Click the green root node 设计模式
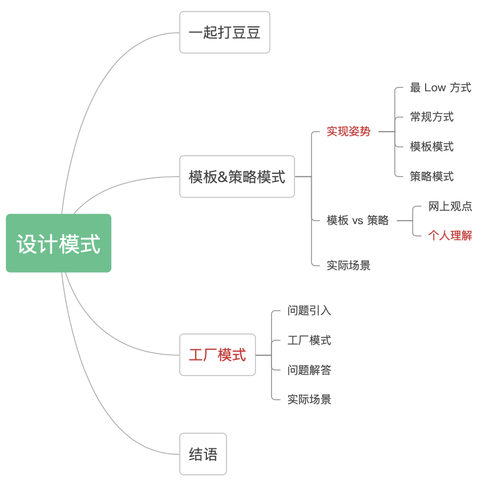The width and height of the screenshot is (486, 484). (x=59, y=243)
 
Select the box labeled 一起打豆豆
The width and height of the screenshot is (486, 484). (x=225, y=32)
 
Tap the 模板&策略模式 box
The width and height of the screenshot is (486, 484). (x=237, y=177)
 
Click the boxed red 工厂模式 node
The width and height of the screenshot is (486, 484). (x=217, y=355)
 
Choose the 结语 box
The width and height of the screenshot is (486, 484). (x=203, y=454)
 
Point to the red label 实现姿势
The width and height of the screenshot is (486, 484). (x=349, y=132)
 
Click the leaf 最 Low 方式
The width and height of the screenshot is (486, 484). (x=440, y=88)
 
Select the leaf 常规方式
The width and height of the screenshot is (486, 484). (x=431, y=117)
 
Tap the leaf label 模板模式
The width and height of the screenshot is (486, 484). (x=431, y=147)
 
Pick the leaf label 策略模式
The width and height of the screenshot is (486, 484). (x=431, y=177)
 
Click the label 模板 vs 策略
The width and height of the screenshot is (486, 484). (x=358, y=221)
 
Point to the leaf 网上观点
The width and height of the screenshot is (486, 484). (x=450, y=206)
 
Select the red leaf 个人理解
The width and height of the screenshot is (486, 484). (x=450, y=236)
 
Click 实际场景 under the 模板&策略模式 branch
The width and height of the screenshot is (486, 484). (x=349, y=266)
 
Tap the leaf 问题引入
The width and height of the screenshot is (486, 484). (x=309, y=311)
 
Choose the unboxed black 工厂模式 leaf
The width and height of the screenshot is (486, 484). (x=309, y=341)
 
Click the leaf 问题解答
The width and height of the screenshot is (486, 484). (x=309, y=370)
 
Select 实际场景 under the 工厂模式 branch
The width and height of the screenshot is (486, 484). (x=309, y=400)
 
